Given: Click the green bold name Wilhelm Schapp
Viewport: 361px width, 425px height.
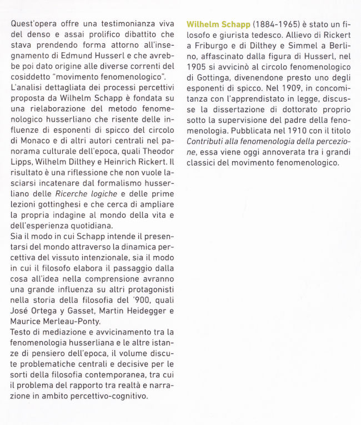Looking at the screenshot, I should click(218, 25).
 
